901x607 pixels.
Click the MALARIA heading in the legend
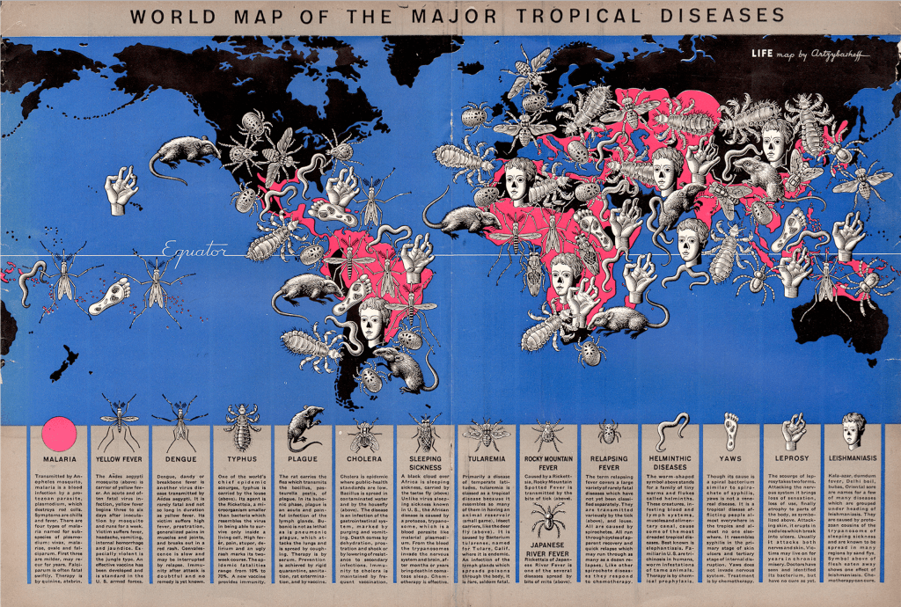coord(58,459)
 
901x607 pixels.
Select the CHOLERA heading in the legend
coord(363,459)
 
